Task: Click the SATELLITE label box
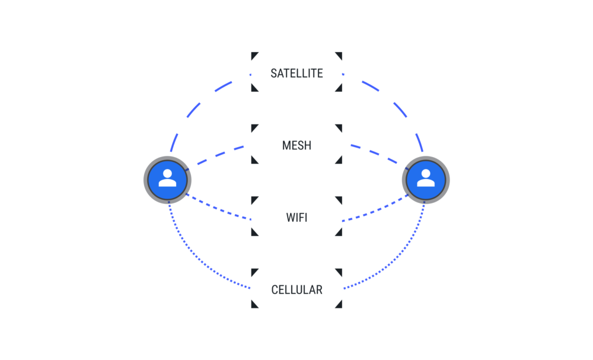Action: [x=296, y=72]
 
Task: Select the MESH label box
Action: [x=296, y=144]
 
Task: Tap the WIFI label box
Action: [x=296, y=216]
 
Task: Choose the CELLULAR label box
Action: [x=296, y=289]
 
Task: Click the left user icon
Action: [x=167, y=179]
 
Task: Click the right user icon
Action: [x=426, y=179]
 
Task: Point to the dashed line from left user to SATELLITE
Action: [x=196, y=107]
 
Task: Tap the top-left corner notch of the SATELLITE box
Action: [x=254, y=55]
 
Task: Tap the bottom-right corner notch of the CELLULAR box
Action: [x=339, y=305]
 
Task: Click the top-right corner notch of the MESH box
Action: [x=339, y=127]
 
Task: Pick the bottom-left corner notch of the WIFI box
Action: [x=254, y=232]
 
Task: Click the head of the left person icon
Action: [x=167, y=174]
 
